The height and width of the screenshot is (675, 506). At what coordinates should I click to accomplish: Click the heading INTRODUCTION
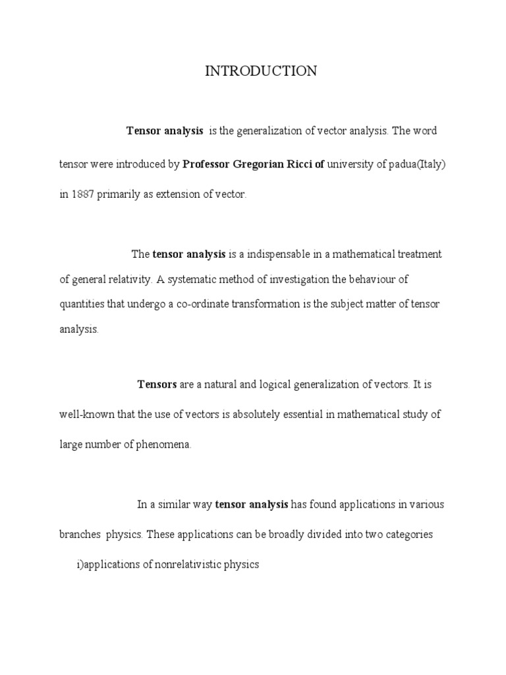[x=261, y=71]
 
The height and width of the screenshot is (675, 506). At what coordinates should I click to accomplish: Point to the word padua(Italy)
[x=415, y=164]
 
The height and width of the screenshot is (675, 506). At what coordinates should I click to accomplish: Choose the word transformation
[x=264, y=304]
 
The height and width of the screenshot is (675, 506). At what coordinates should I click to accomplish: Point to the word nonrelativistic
[x=181, y=565]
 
